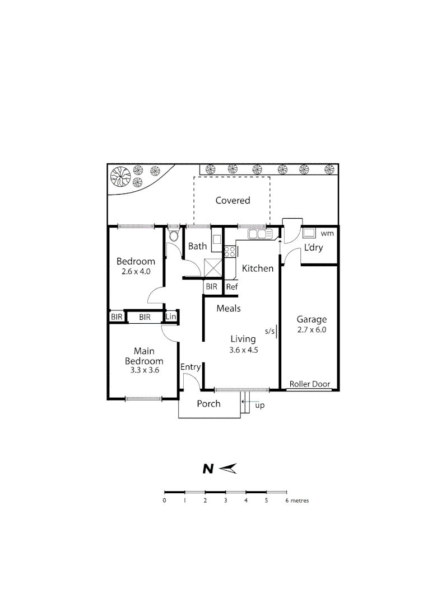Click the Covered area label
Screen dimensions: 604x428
click(x=232, y=200)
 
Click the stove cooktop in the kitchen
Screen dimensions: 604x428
click(x=230, y=252)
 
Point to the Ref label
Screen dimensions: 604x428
click(x=232, y=287)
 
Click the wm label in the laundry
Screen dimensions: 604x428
click(x=327, y=233)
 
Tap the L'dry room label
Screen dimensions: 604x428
click(x=313, y=248)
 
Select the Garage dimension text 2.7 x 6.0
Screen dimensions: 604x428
click(x=312, y=330)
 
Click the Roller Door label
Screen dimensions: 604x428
click(x=310, y=385)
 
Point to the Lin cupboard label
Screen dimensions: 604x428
click(x=171, y=317)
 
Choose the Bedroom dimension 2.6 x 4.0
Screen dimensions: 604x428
click(x=136, y=272)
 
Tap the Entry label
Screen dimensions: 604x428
click(x=190, y=367)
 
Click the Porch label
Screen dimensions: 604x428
click(x=209, y=404)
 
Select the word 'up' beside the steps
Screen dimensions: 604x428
click(x=259, y=405)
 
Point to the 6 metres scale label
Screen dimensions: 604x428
click(x=297, y=501)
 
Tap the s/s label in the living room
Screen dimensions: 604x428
click(x=270, y=331)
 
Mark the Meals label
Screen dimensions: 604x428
click(x=228, y=308)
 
